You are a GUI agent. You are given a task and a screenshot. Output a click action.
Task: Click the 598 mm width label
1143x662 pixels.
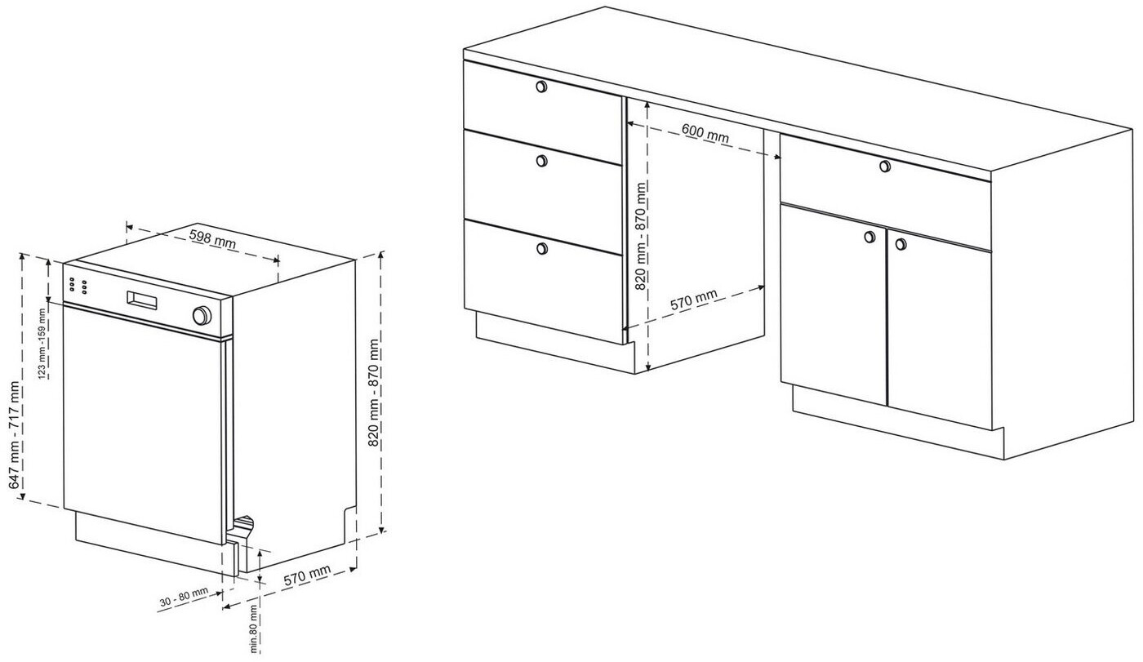(212, 238)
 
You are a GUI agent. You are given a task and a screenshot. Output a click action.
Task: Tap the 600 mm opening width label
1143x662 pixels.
(705, 134)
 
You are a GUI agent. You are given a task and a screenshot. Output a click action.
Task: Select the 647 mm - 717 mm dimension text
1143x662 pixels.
(16, 434)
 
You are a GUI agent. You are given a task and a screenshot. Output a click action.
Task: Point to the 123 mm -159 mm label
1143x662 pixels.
(42, 343)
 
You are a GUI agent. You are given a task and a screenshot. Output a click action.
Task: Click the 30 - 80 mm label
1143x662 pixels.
(185, 597)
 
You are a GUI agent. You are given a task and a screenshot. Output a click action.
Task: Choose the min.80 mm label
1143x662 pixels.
(254, 629)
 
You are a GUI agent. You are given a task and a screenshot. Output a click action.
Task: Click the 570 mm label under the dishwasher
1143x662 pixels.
(307, 575)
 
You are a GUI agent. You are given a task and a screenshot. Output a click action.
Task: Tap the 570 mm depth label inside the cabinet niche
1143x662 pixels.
(693, 300)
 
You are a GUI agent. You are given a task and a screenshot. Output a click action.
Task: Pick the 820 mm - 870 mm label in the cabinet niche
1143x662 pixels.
(641, 236)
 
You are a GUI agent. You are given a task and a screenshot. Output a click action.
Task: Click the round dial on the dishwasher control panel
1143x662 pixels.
(202, 316)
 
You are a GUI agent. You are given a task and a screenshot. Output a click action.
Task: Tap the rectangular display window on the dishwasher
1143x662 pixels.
(142, 301)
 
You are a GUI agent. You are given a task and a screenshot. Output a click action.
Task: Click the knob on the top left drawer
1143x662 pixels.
(541, 87)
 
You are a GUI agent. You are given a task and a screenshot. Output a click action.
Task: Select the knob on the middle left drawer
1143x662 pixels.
(542, 161)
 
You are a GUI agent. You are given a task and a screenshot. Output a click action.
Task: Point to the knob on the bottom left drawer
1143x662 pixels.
(542, 249)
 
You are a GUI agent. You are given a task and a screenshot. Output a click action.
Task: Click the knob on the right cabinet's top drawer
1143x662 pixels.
(885, 166)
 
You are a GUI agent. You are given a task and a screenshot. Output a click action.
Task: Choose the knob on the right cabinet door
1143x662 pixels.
(901, 244)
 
